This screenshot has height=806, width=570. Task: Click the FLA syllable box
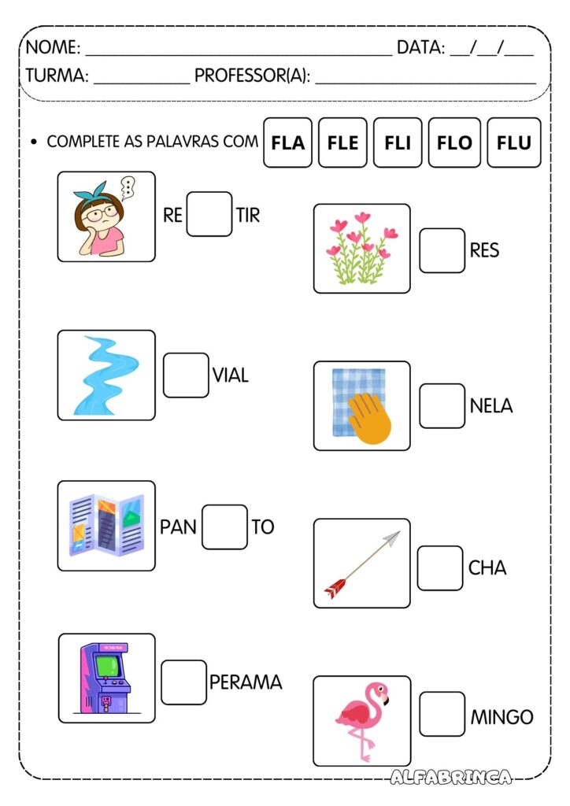(287, 142)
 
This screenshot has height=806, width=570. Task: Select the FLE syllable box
(342, 142)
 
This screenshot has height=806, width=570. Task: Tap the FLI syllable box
(398, 142)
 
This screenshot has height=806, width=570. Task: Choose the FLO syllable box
(454, 142)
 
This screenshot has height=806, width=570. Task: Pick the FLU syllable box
(513, 142)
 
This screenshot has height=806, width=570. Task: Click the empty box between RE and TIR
(209, 214)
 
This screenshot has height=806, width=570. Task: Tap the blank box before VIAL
(186, 375)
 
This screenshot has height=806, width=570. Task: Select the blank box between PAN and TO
(224, 527)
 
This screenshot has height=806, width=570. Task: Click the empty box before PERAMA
(183, 682)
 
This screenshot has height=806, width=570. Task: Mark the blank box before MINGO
(442, 714)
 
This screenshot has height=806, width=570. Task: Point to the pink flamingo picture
(361, 719)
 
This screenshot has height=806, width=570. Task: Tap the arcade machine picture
(106, 678)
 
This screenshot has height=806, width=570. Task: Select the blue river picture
(105, 375)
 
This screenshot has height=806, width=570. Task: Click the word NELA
(491, 406)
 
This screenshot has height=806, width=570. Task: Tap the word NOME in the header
(53, 48)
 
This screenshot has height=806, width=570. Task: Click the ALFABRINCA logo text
(451, 777)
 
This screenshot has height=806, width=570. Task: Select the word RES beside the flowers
(484, 250)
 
